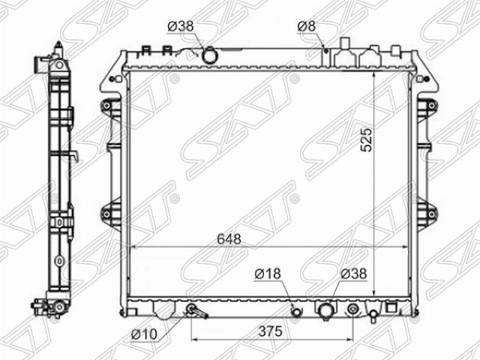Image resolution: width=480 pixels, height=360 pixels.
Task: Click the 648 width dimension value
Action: coord(229,239)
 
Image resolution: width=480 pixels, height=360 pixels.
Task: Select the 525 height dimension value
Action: coord(367,140)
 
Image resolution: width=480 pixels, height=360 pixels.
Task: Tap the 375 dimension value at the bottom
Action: coord(270,331)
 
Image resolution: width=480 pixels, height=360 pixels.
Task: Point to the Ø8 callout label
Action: coord(306,26)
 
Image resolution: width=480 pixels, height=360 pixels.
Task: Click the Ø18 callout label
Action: coord(268,274)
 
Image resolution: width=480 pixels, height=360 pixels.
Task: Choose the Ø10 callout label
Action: coord(144,334)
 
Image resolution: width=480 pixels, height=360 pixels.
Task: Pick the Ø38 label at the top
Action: coord(181,26)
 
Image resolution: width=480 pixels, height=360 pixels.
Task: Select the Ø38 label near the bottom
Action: coord(354,274)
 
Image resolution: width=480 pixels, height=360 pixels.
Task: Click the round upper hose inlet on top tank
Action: coord(209,55)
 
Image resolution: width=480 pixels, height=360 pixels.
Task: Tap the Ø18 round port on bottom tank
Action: coord(296,312)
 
